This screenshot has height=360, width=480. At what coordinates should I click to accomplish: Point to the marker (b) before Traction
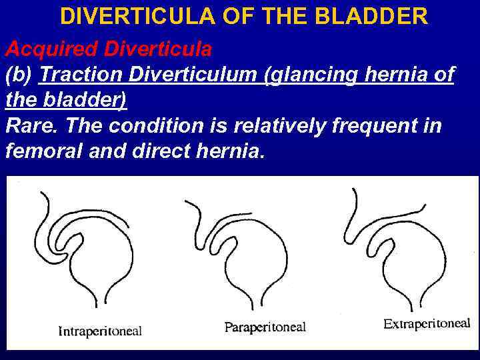point(19,75)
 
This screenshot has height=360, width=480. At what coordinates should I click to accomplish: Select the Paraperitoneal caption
point(265,327)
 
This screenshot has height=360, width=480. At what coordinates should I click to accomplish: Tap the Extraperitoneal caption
point(427,324)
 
